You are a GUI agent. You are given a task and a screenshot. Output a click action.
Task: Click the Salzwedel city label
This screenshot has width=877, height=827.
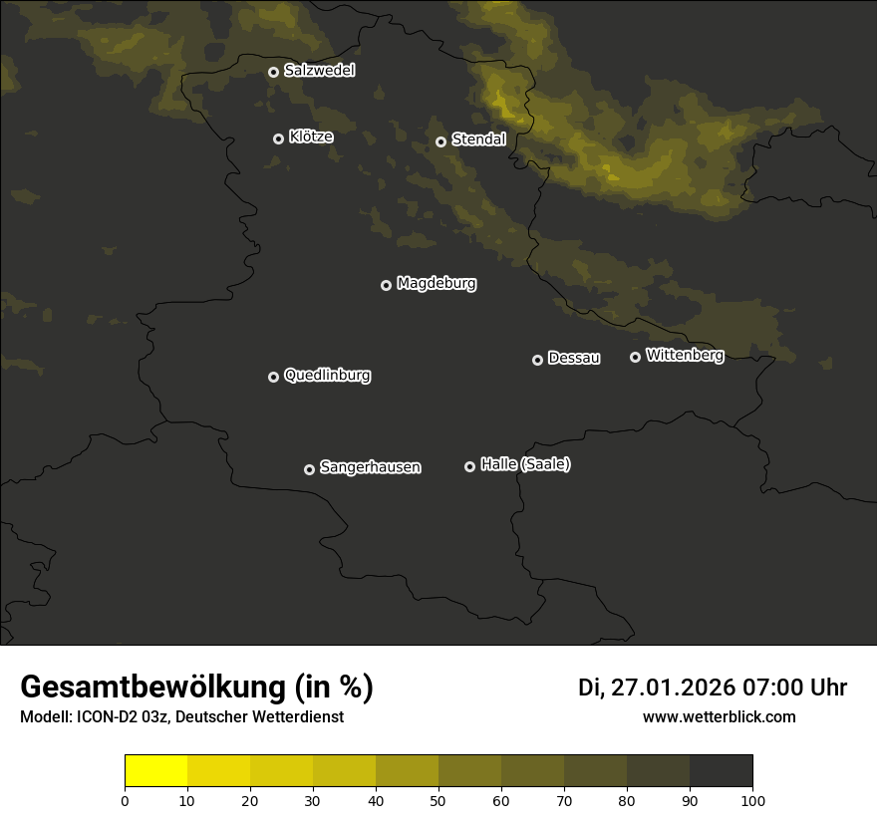319,71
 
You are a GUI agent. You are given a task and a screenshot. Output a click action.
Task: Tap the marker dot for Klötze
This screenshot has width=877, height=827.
278,138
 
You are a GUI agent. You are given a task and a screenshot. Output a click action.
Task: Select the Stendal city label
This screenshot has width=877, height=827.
478,139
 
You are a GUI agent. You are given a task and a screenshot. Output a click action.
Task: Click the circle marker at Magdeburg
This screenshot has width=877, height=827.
386,285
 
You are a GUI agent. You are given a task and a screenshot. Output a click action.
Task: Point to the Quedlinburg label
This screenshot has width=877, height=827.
327,376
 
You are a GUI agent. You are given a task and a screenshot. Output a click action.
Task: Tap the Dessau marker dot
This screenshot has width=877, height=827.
537,360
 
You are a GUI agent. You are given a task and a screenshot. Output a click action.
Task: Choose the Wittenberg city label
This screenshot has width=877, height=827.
685,355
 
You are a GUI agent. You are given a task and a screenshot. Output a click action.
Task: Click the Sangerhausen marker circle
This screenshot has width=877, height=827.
309,469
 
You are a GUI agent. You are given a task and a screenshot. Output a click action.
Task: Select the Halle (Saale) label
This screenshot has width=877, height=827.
525,464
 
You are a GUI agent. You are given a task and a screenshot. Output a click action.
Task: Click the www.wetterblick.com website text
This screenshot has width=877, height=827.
719,716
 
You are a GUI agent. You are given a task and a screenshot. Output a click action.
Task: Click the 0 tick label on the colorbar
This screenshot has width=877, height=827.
125,800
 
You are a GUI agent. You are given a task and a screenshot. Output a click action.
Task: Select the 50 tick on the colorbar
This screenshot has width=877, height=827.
438,800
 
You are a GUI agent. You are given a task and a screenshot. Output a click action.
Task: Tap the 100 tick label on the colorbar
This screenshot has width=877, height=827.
752,800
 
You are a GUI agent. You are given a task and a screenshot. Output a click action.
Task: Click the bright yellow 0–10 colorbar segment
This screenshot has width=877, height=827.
155,771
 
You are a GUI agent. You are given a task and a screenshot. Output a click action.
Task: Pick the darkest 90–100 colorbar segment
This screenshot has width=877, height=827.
721,771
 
